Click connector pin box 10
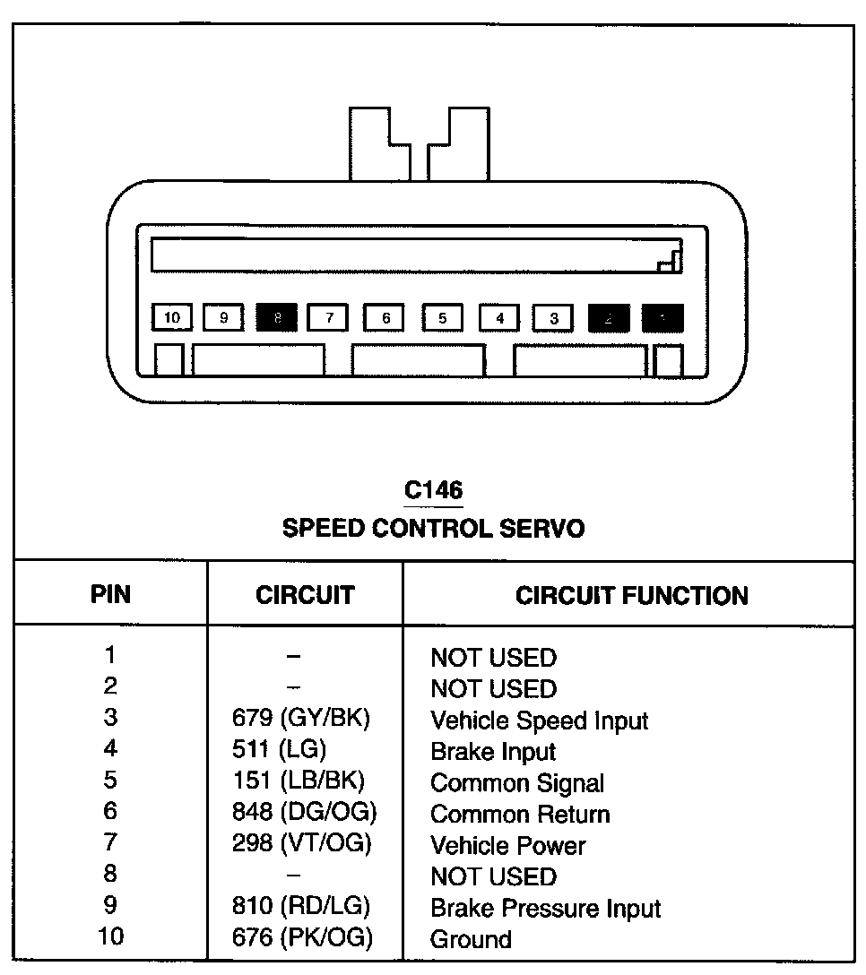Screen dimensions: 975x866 (172, 317)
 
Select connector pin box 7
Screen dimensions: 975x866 (329, 317)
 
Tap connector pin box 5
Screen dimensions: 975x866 (442, 317)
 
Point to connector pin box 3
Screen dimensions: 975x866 (554, 317)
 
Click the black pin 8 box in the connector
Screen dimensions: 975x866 (277, 317)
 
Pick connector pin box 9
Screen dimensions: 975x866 (223, 317)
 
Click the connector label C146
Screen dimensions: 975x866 (433, 489)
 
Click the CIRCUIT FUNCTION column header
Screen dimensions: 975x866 (631, 595)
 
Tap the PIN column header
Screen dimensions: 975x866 (110, 595)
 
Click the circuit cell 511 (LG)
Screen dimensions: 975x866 (279, 749)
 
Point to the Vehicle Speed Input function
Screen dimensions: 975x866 (539, 720)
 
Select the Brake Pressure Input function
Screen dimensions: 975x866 (545, 908)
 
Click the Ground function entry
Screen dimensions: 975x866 (471, 939)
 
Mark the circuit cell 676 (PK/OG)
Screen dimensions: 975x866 (302, 938)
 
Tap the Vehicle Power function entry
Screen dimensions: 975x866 (507, 845)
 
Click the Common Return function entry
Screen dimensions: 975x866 (520, 814)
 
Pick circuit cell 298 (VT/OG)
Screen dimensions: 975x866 (301, 843)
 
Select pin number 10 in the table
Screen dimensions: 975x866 (110, 937)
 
